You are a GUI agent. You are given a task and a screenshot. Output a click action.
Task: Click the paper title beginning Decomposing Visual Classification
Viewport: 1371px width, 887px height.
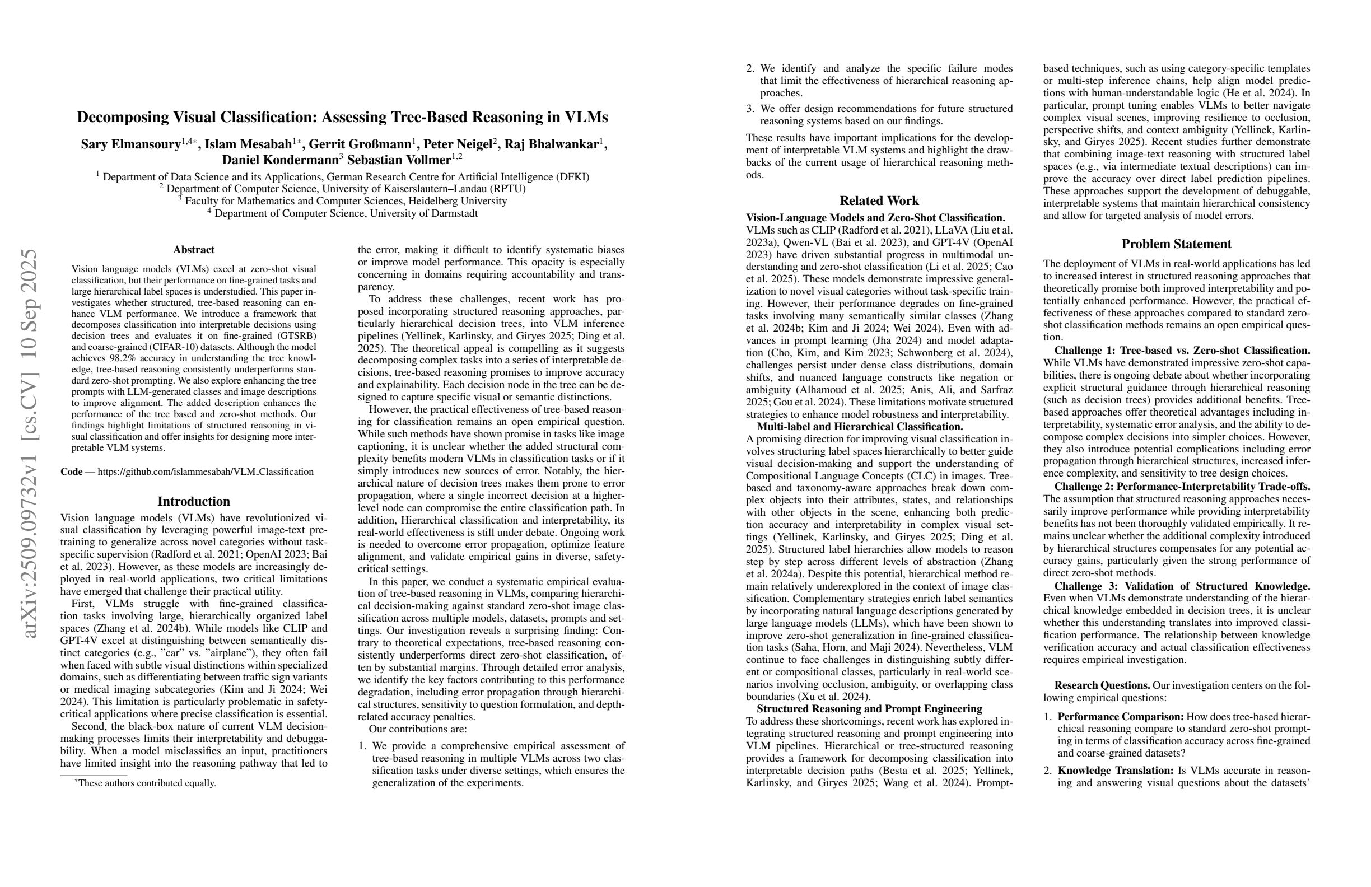[x=342, y=118]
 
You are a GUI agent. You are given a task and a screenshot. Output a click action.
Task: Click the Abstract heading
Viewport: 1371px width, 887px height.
[x=194, y=250]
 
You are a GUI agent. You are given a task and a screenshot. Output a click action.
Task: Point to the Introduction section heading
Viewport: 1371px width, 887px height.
[x=194, y=502]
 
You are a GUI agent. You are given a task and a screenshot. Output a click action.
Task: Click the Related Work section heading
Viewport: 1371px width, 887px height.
[x=879, y=201]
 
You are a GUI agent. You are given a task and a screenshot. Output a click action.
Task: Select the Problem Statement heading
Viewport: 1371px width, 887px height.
[x=1176, y=244]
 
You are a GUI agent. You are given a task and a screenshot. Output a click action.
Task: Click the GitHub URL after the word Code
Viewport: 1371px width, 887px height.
[x=206, y=472]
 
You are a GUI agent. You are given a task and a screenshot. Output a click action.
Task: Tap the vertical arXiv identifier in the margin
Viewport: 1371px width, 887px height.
[x=30, y=444]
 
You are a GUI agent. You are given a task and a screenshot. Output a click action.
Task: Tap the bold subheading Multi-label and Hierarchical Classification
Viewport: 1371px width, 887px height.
[x=860, y=427]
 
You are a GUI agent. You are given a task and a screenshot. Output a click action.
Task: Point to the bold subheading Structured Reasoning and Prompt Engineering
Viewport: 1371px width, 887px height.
[x=869, y=709]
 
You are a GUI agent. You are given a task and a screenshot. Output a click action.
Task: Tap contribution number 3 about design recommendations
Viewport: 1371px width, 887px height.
[x=879, y=115]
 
